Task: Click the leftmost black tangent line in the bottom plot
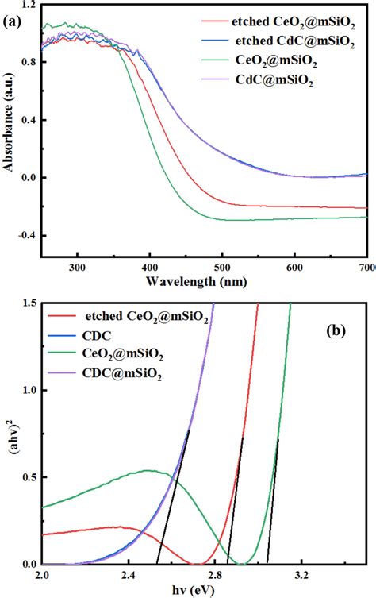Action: coord(173,497)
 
